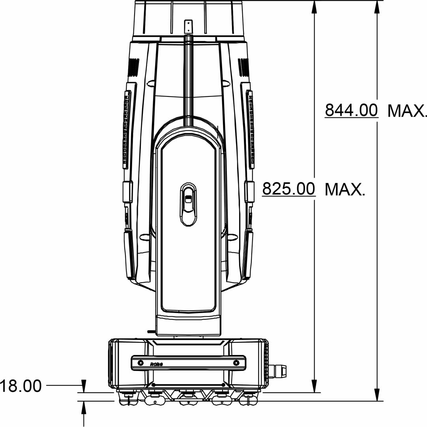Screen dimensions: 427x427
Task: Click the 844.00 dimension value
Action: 351,110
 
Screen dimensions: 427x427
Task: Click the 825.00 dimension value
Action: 288,189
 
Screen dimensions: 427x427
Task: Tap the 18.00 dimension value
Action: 21,386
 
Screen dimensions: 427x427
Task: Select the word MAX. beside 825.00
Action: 345,189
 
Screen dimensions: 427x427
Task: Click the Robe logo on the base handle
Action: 157,364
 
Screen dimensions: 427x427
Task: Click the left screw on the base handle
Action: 140,363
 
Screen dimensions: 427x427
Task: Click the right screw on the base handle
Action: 236,363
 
